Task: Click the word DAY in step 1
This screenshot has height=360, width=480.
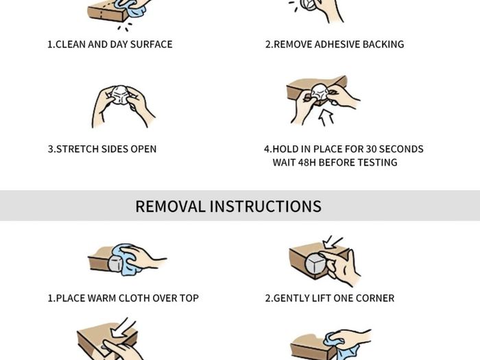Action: pyautogui.click(x=119, y=45)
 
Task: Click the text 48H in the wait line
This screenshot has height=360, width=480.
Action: pyautogui.click(x=307, y=163)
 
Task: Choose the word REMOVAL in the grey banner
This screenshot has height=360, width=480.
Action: pyautogui.click(x=170, y=206)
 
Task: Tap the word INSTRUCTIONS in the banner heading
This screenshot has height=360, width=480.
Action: pyautogui.click(x=265, y=206)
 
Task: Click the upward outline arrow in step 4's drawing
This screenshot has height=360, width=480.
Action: pyautogui.click(x=326, y=119)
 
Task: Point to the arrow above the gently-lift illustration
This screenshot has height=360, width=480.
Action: pyautogui.click(x=332, y=242)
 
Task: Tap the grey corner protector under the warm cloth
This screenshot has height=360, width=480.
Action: pyautogui.click(x=115, y=264)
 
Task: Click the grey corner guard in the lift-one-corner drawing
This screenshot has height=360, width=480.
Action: pyautogui.click(x=315, y=265)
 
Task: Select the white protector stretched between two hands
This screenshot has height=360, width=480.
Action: pyautogui.click(x=120, y=95)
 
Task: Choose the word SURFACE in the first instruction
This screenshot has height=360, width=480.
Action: pyautogui.click(x=152, y=45)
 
